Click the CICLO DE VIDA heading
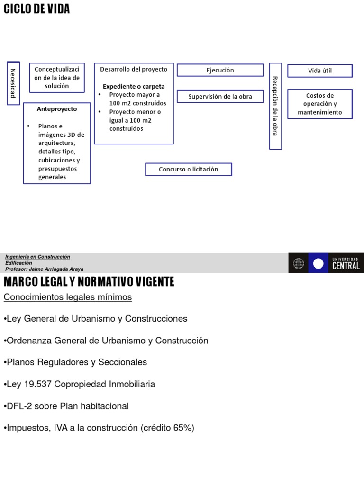point(36,9)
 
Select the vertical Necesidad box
point(13,83)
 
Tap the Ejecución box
point(220,70)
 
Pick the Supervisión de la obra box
point(220,97)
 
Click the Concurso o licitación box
point(188,169)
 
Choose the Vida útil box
point(320,71)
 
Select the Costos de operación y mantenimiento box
point(320,104)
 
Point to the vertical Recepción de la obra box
point(275,106)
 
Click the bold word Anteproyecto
point(57,109)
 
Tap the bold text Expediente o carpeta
point(134,86)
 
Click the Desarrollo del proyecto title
point(134,69)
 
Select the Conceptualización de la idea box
point(57,77)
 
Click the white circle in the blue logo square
point(318,263)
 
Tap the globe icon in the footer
point(299,263)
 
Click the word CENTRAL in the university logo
point(346,266)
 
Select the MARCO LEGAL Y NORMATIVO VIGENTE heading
point(89,282)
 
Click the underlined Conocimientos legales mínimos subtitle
point(68,297)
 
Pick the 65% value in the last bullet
point(182,428)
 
